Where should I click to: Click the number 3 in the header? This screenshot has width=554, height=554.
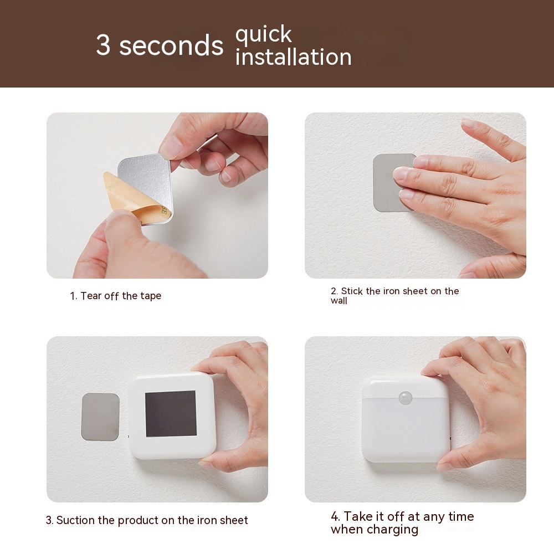[103, 45]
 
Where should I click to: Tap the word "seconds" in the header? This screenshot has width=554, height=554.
[171, 45]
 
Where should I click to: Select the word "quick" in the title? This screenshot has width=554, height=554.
[264, 34]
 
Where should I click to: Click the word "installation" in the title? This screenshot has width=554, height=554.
[293, 57]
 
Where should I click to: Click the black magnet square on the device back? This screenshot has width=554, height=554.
[171, 413]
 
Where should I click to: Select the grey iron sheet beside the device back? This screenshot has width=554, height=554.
[100, 417]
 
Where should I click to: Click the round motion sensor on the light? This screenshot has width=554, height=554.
[406, 398]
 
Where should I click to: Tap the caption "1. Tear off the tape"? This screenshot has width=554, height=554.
[116, 296]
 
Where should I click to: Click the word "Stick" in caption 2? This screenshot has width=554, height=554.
[352, 291]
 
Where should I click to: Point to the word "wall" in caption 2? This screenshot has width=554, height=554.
[339, 301]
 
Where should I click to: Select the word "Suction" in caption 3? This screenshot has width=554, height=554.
[76, 520]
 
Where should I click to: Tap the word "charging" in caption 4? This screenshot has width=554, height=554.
[392, 530]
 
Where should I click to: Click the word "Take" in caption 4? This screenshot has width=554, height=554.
[357, 516]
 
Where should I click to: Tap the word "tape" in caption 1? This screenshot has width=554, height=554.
[151, 296]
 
